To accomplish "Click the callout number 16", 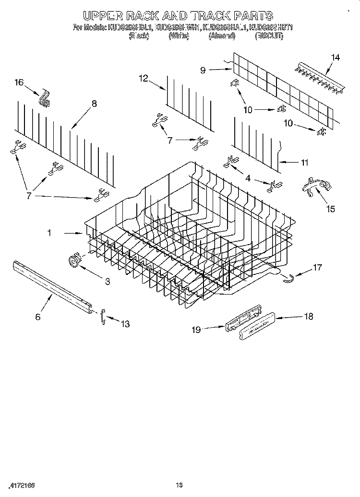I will (x=19, y=83).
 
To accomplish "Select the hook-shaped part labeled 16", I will (x=45, y=100).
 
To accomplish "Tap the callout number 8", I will (x=94, y=103).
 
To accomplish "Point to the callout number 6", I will (x=38, y=317).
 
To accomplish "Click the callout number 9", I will (x=203, y=70).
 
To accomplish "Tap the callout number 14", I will (x=335, y=58).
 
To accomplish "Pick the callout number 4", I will (x=248, y=178).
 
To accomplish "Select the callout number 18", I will (x=308, y=316).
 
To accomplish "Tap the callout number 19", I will (x=195, y=329).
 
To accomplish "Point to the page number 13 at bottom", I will (x=179, y=484).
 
